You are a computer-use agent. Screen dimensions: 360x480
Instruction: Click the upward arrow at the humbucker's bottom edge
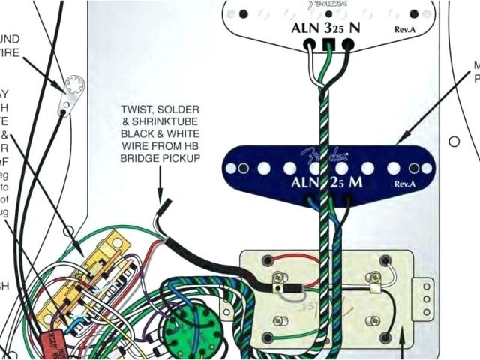[x=406, y=337]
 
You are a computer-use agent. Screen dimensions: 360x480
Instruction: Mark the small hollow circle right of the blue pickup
[x=453, y=140]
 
